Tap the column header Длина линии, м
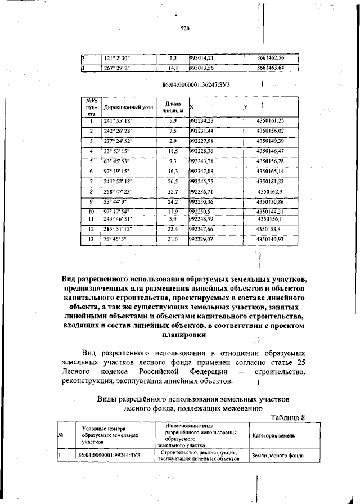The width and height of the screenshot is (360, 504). coord(173,107)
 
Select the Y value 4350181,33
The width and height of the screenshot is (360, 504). coord(270,182)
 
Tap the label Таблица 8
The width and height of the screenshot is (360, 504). coord(287,417)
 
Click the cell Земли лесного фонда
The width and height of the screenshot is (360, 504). coord(277,455)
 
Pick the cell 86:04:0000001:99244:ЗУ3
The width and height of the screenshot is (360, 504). coord(109,455)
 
